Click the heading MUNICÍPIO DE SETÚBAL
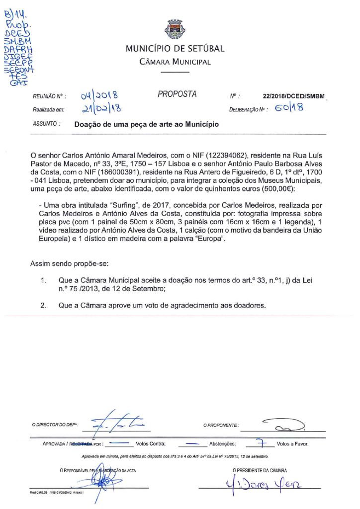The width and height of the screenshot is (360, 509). pos(175,49)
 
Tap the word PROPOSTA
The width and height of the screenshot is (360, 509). pos(177,94)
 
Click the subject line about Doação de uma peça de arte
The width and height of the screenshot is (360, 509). pos(146,125)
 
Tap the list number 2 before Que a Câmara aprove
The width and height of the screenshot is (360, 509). pos(43,305)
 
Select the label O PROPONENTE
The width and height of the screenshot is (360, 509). pos(221,425)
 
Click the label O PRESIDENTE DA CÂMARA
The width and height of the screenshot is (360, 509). pos(259,470)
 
